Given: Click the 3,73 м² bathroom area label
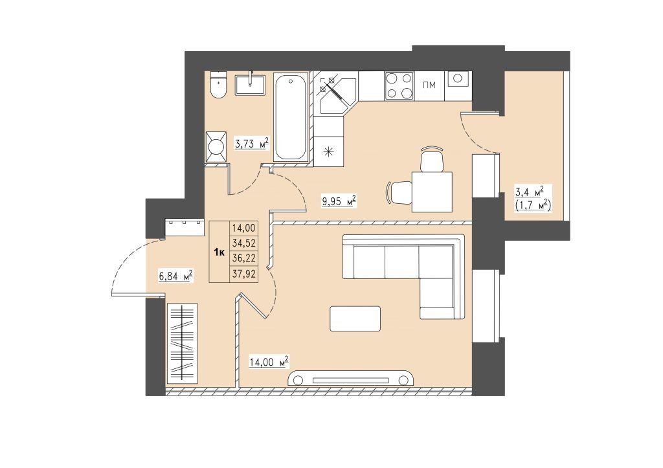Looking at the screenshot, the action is [252, 144].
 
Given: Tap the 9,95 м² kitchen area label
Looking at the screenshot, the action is [339, 201].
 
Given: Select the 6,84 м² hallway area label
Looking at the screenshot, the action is [175, 277].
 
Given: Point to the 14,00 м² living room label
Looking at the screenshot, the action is [269, 362].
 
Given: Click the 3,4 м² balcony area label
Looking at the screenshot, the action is [528, 192].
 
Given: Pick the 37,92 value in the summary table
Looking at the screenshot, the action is [243, 274].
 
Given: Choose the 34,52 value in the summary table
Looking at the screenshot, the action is [243, 243].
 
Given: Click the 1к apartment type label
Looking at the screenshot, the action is [219, 253].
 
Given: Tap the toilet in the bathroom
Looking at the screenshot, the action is [219, 85].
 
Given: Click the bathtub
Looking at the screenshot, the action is [290, 117].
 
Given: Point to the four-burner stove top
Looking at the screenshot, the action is [399, 86].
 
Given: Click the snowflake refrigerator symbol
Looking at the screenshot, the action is [328, 152].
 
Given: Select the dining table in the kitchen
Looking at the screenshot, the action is [432, 192].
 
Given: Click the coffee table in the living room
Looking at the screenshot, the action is [355, 318].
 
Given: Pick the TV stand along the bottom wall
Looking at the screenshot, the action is [350, 379].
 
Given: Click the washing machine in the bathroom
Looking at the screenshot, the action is [216, 147].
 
